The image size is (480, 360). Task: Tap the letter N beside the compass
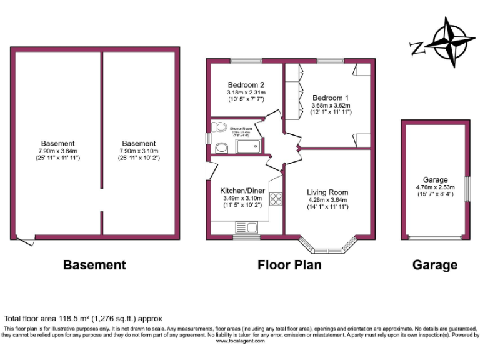pyautogui.click(x=416, y=47)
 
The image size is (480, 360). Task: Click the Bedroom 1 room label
pyautogui.click(x=331, y=97)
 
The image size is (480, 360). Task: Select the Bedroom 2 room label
pyautogui.click(x=246, y=85)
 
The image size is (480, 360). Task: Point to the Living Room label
pyautogui.click(x=327, y=192)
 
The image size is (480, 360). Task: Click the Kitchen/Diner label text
pyautogui.click(x=242, y=191)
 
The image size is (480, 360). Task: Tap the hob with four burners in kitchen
pyautogui.click(x=275, y=199)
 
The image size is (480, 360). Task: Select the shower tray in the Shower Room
pyautogui.click(x=247, y=146)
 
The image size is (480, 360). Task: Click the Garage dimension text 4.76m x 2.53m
pyautogui.click(x=435, y=187)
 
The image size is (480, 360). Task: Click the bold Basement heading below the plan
pyautogui.click(x=94, y=265)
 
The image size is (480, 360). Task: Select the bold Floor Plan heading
pyautogui.click(x=289, y=265)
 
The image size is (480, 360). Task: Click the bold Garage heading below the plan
pyautogui.click(x=434, y=265)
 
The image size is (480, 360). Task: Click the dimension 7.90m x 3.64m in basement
pyautogui.click(x=57, y=151)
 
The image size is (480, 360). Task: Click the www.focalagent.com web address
pyautogui.click(x=241, y=341)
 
